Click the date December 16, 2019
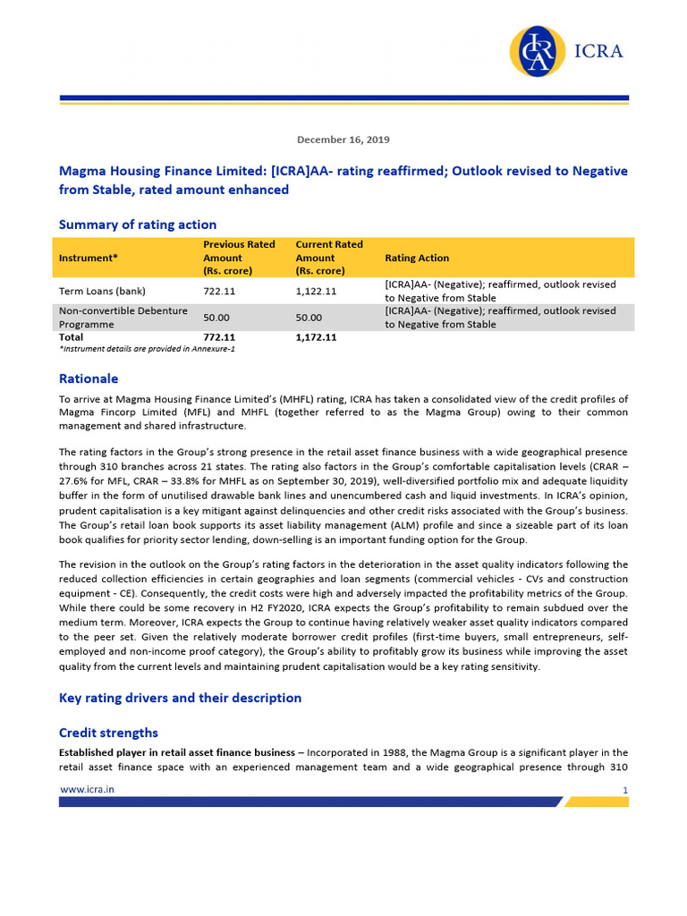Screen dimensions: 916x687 (x=343, y=140)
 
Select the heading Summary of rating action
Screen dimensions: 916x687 (x=137, y=225)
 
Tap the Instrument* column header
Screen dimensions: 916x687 (x=90, y=258)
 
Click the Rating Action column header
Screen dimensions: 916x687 (x=417, y=258)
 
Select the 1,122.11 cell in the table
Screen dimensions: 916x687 (x=316, y=291)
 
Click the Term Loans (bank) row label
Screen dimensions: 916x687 (x=102, y=291)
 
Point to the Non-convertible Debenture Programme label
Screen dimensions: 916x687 (x=110, y=318)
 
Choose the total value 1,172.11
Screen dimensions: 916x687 (x=316, y=337)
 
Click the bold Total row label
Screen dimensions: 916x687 (x=71, y=337)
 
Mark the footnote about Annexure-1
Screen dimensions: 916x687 (x=147, y=349)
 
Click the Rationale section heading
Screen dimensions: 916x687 (x=88, y=378)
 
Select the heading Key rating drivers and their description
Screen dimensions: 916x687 (x=180, y=698)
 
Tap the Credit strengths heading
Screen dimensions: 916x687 (x=108, y=733)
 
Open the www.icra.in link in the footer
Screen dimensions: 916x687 (x=86, y=789)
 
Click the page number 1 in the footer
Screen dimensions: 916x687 (x=625, y=790)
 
